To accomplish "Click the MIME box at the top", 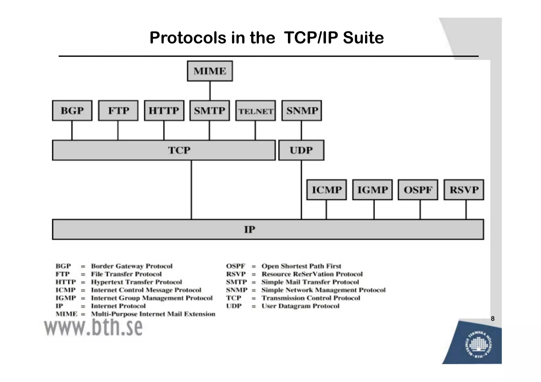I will [210, 71].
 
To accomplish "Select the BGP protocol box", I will [72, 111].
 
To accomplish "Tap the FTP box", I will [118, 111].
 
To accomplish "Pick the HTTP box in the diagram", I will [164, 111].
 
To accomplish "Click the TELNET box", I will [255, 111].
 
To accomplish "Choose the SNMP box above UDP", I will [301, 111].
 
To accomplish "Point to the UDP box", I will [301, 150].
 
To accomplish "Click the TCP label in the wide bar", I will [179, 150].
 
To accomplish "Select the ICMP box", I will [327, 190].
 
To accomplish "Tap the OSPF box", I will [418, 190].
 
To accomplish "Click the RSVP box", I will [464, 190].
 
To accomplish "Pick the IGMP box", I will [372, 190].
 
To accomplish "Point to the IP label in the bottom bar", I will [250, 229].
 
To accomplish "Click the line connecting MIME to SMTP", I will [210, 91].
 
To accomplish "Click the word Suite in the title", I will [363, 37].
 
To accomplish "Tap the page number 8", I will [492, 319].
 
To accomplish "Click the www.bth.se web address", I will [93, 327].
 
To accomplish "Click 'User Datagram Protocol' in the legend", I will [300, 306].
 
